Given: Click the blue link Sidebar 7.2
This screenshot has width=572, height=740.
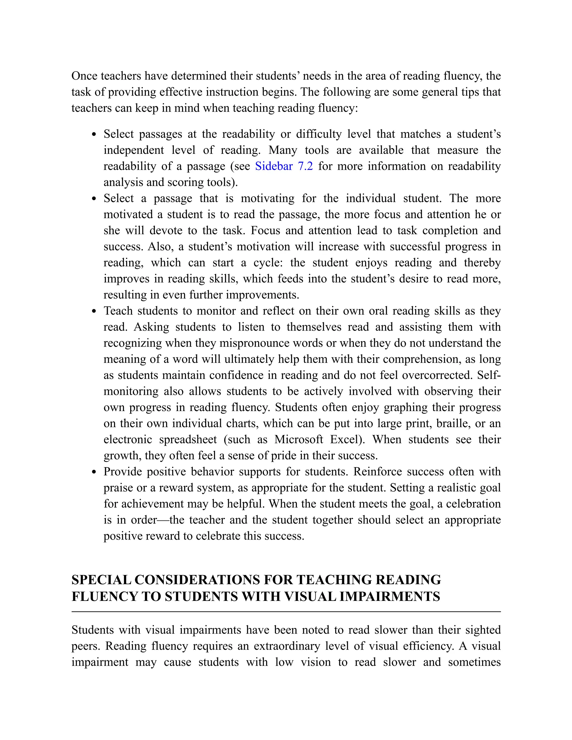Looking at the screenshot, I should click(x=284, y=166).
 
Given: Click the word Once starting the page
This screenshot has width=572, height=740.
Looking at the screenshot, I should click(x=84, y=76).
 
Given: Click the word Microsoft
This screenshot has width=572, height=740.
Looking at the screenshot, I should click(x=299, y=440).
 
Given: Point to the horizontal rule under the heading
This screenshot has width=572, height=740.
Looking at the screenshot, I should click(x=286, y=612).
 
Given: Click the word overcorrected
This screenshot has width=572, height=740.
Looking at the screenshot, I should click(x=436, y=375).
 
